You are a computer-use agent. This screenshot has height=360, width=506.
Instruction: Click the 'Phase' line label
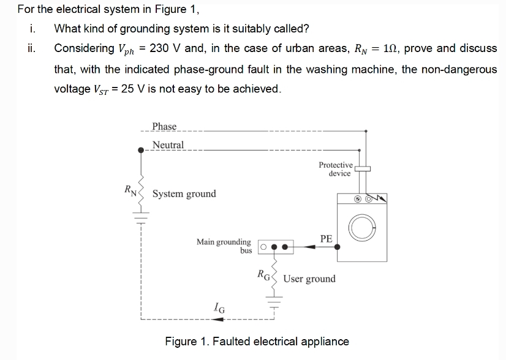tap(164, 126)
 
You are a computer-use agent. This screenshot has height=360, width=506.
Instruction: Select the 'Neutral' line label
tap(168, 144)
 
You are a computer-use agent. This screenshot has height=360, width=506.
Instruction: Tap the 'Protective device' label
tap(336, 169)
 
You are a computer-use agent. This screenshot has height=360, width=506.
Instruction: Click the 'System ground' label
tap(184, 194)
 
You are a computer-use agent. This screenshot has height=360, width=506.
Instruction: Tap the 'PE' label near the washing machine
tap(326, 239)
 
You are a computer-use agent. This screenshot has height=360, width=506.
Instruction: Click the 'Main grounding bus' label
tap(224, 246)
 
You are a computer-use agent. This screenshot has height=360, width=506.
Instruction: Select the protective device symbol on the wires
tap(362, 168)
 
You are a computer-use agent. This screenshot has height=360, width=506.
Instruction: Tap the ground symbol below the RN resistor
tap(142, 217)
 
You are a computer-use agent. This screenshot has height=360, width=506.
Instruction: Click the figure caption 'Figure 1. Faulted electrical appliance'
tap(257, 342)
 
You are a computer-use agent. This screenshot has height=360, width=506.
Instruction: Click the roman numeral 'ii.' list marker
tap(32, 48)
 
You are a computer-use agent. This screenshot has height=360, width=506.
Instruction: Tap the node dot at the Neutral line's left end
tap(142, 149)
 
